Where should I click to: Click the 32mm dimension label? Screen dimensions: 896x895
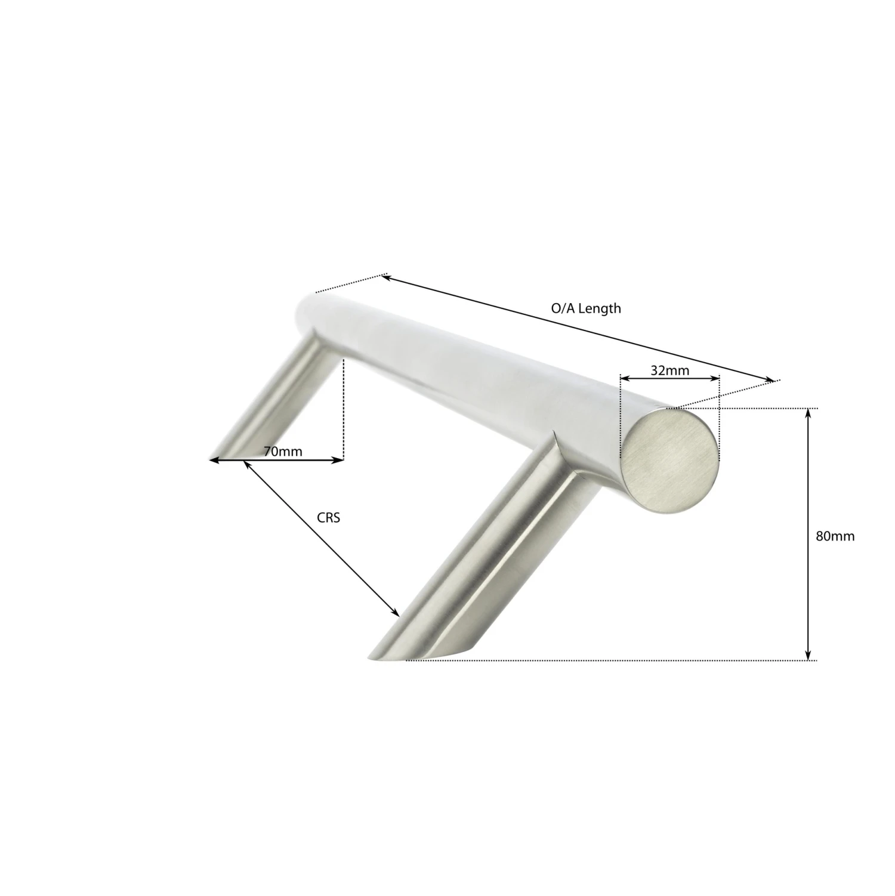(x=669, y=370)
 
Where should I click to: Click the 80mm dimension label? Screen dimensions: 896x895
(x=835, y=536)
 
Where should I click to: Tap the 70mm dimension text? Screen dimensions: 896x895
(x=283, y=452)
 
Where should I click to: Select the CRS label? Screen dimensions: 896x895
(x=328, y=518)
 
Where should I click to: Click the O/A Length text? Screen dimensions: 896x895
(x=585, y=308)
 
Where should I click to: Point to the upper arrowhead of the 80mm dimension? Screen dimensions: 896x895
(x=808, y=413)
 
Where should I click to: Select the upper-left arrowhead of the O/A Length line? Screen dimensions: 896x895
(x=386, y=277)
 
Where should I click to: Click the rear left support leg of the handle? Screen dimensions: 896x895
(x=280, y=400)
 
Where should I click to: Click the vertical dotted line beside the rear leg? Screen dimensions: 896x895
(x=344, y=406)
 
